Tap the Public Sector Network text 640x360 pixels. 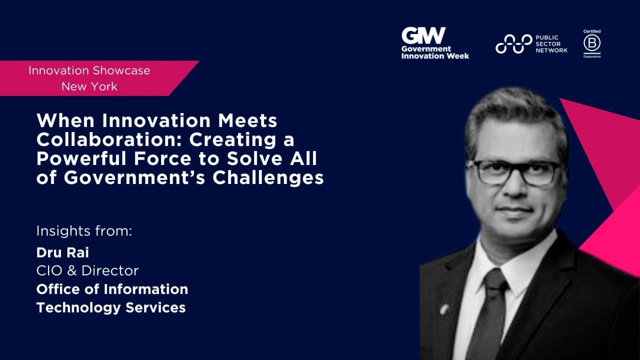point(551,44)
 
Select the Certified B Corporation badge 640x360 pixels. point(592,44)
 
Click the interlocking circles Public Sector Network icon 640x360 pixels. point(513,44)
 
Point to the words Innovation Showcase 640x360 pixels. point(89,70)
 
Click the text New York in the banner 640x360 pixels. point(89,86)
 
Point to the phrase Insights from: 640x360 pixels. point(84,231)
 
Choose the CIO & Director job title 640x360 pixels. point(87,271)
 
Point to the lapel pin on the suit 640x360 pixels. point(444,308)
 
